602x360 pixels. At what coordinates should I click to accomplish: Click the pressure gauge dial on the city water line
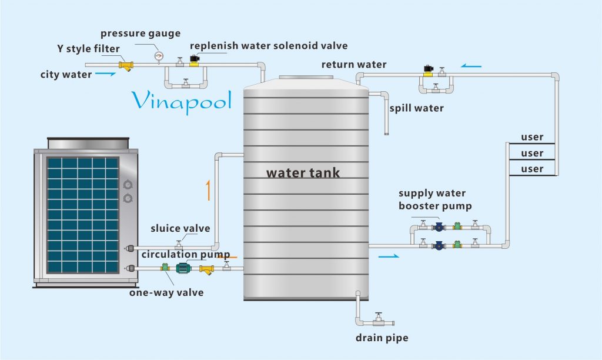(x=158, y=56)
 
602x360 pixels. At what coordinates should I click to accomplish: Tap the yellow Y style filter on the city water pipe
(x=126, y=65)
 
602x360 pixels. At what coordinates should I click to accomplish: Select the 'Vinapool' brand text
(x=181, y=101)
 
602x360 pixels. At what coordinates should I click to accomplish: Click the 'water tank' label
(x=303, y=173)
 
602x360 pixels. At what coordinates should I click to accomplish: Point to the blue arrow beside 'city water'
(x=105, y=74)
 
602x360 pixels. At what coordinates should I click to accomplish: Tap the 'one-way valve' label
(x=166, y=292)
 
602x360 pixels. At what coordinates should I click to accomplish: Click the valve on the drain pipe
(x=379, y=318)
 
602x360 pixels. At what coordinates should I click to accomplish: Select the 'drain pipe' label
(x=382, y=338)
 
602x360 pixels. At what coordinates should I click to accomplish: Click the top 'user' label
(x=532, y=138)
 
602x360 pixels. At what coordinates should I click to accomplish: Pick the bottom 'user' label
(x=532, y=169)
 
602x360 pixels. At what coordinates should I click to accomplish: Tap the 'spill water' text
(x=416, y=108)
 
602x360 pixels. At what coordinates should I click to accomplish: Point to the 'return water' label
(x=354, y=64)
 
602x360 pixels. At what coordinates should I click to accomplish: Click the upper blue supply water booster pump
(x=438, y=226)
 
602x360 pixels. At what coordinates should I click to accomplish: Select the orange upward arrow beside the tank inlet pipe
(x=208, y=191)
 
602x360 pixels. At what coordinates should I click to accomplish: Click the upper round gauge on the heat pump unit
(x=128, y=185)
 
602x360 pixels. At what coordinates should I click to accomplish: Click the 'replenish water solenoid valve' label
(x=269, y=45)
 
